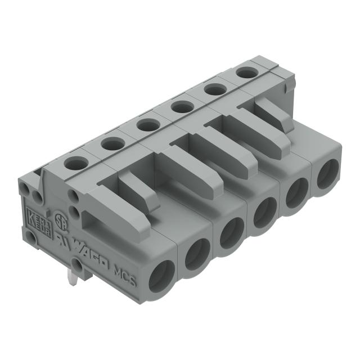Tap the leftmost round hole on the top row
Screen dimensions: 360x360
74,163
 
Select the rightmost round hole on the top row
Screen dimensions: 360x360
244,72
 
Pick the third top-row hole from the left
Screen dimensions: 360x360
146,124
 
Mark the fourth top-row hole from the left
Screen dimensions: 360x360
180,106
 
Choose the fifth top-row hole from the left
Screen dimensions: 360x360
213,89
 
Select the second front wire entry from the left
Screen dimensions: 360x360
197,255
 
